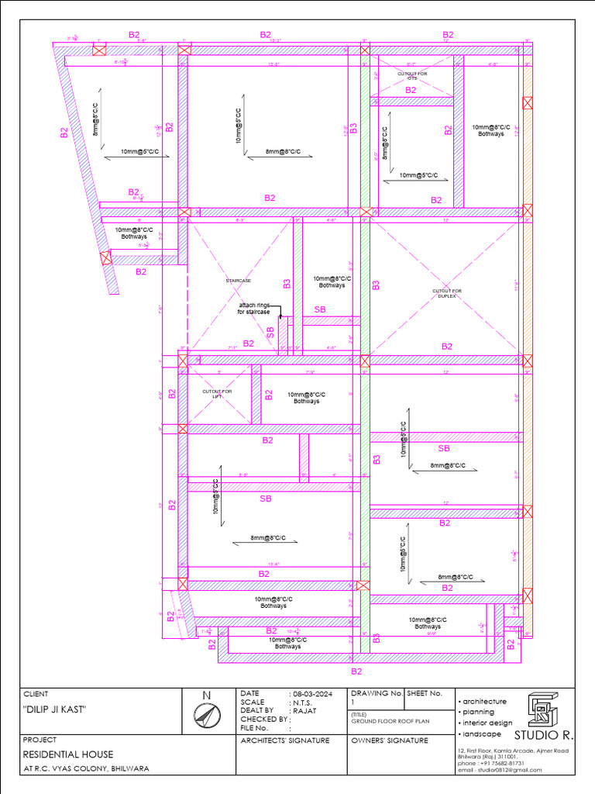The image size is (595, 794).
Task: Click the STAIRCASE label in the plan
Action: coord(239,280)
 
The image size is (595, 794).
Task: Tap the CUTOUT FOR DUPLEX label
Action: coord(447,294)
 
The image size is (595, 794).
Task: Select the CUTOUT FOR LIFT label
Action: coord(217,393)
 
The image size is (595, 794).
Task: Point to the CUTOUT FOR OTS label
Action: coord(412,75)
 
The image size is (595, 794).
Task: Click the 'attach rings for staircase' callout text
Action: coord(254,309)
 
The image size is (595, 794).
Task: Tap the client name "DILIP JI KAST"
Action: coord(54,710)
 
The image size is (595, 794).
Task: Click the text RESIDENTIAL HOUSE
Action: coord(68,754)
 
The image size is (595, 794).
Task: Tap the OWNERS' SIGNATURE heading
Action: coord(389,740)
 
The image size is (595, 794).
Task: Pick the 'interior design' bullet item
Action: coord(487,723)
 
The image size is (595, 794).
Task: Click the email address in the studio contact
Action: coord(497,770)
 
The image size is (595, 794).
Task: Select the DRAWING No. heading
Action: coord(377,693)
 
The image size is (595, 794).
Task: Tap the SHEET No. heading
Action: coord(424,693)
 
